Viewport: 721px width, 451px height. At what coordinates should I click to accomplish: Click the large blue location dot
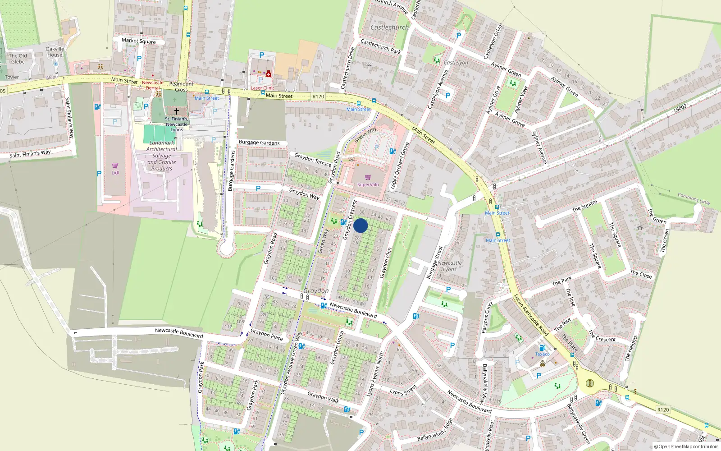[x=360, y=225]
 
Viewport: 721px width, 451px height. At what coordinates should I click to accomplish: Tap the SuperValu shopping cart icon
[x=368, y=177]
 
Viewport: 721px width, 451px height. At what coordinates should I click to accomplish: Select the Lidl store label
[x=115, y=173]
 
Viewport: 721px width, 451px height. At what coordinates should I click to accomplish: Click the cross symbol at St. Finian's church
[x=177, y=111]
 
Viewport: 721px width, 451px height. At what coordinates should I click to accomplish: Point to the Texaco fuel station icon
[x=542, y=348]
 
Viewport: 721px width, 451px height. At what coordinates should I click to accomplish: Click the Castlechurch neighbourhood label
[x=389, y=28]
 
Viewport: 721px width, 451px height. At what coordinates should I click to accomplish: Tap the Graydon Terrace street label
[x=313, y=160]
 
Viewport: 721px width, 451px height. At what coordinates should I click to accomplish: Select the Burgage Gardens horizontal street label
[x=259, y=143]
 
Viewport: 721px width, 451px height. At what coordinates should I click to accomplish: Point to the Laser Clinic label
[x=263, y=88]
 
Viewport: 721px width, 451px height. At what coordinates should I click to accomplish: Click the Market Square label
[x=139, y=41]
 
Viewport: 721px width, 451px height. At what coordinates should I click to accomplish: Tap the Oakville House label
[x=55, y=52]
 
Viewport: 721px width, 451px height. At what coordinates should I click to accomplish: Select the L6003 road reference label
[x=680, y=109]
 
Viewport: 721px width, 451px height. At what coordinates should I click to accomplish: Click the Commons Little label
[x=694, y=198]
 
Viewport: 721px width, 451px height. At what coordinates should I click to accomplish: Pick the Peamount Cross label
[x=181, y=87]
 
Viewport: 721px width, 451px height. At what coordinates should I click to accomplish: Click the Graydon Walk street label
[x=323, y=397]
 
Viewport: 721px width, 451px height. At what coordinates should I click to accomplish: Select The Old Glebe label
[x=18, y=59]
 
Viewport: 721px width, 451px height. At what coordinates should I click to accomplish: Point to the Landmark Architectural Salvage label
[x=162, y=156]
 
